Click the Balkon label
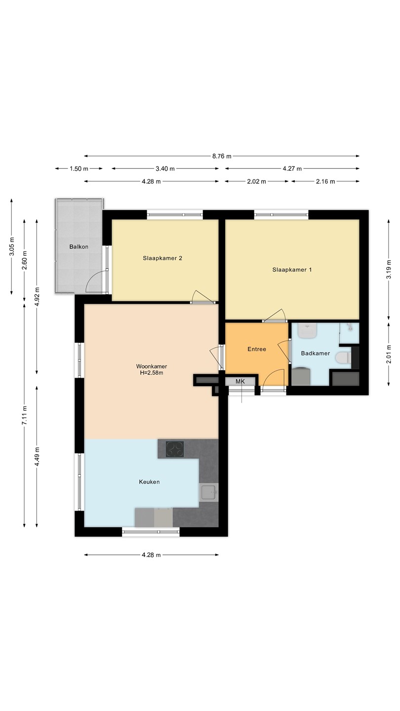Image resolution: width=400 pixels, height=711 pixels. pyautogui.click(x=79, y=247)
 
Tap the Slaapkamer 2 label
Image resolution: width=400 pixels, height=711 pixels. pyautogui.click(x=162, y=258)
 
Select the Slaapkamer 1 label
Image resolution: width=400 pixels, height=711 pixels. pyautogui.click(x=292, y=270)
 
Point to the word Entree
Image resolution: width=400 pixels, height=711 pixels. pyautogui.click(x=257, y=349)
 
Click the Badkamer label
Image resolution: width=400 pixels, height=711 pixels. pyautogui.click(x=316, y=354)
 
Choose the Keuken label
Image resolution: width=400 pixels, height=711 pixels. pyautogui.click(x=149, y=482)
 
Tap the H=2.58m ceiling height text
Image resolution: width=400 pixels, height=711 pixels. pyautogui.click(x=152, y=373)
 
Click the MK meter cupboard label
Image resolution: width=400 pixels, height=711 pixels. pyautogui.click(x=240, y=382)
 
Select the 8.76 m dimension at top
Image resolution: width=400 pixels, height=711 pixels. pyautogui.click(x=222, y=156)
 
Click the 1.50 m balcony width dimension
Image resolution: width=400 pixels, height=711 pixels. pyautogui.click(x=79, y=168)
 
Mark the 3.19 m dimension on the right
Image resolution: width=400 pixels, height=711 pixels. pyautogui.click(x=389, y=269)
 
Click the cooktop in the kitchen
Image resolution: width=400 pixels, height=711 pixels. pyautogui.click(x=175, y=449)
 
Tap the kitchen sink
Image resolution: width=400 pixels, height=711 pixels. pyautogui.click(x=209, y=493)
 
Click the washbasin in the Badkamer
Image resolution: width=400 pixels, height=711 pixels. pyautogui.click(x=308, y=330)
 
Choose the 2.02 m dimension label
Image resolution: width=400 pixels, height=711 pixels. pyautogui.click(x=256, y=182)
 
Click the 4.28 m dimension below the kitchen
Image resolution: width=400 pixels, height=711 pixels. pyautogui.click(x=152, y=555)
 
